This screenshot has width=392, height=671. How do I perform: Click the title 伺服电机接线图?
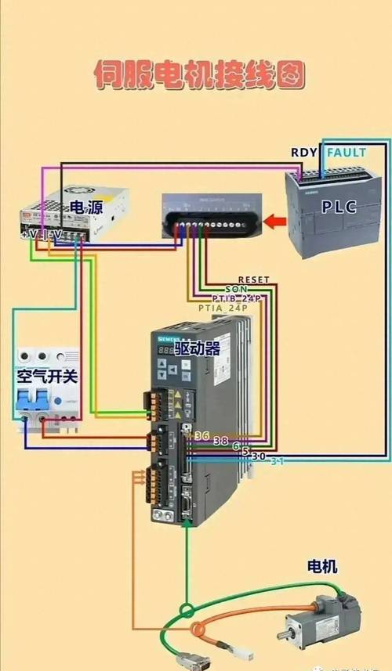(198, 75)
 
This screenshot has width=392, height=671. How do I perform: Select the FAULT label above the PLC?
(346, 153)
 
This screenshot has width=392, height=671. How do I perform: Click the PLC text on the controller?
(339, 207)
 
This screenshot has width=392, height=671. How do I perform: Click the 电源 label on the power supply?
(86, 207)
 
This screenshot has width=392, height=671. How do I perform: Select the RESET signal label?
(253, 280)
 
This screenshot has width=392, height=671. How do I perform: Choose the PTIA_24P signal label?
(223, 308)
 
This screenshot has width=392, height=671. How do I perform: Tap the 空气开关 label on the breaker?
(48, 377)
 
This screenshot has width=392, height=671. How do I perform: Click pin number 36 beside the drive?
(201, 436)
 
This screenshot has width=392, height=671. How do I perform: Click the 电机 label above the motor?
(321, 566)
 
